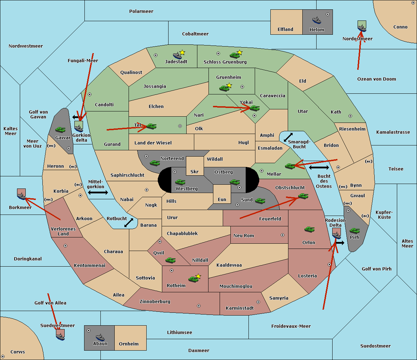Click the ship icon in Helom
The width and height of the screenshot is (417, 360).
pos(317,20)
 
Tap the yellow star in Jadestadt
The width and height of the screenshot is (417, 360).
pos(182,52)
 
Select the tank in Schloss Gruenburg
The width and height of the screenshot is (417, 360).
pos(235,55)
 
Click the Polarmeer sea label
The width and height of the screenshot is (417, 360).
pos(141,11)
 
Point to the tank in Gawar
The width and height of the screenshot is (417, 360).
pos(60,129)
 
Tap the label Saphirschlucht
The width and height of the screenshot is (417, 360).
pos(127,175)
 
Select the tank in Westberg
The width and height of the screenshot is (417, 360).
pos(180,182)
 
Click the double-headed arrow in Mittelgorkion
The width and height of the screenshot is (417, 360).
pos(98,192)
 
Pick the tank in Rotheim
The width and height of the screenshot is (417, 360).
pos(193,279)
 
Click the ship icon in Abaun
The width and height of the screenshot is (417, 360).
pos(100,337)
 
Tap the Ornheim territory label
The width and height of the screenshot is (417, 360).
pos(129,344)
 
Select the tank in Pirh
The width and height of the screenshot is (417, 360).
pos(354,231)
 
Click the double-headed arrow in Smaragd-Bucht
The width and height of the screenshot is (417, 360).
pos(288,137)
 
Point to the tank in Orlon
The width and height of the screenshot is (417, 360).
pos(310,229)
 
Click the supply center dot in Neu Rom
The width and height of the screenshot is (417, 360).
pos(283,235)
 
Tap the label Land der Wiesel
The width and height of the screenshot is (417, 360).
pos(153,143)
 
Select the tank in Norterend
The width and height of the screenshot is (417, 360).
pos(155,163)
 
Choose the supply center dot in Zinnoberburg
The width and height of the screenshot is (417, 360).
pos(199,306)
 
